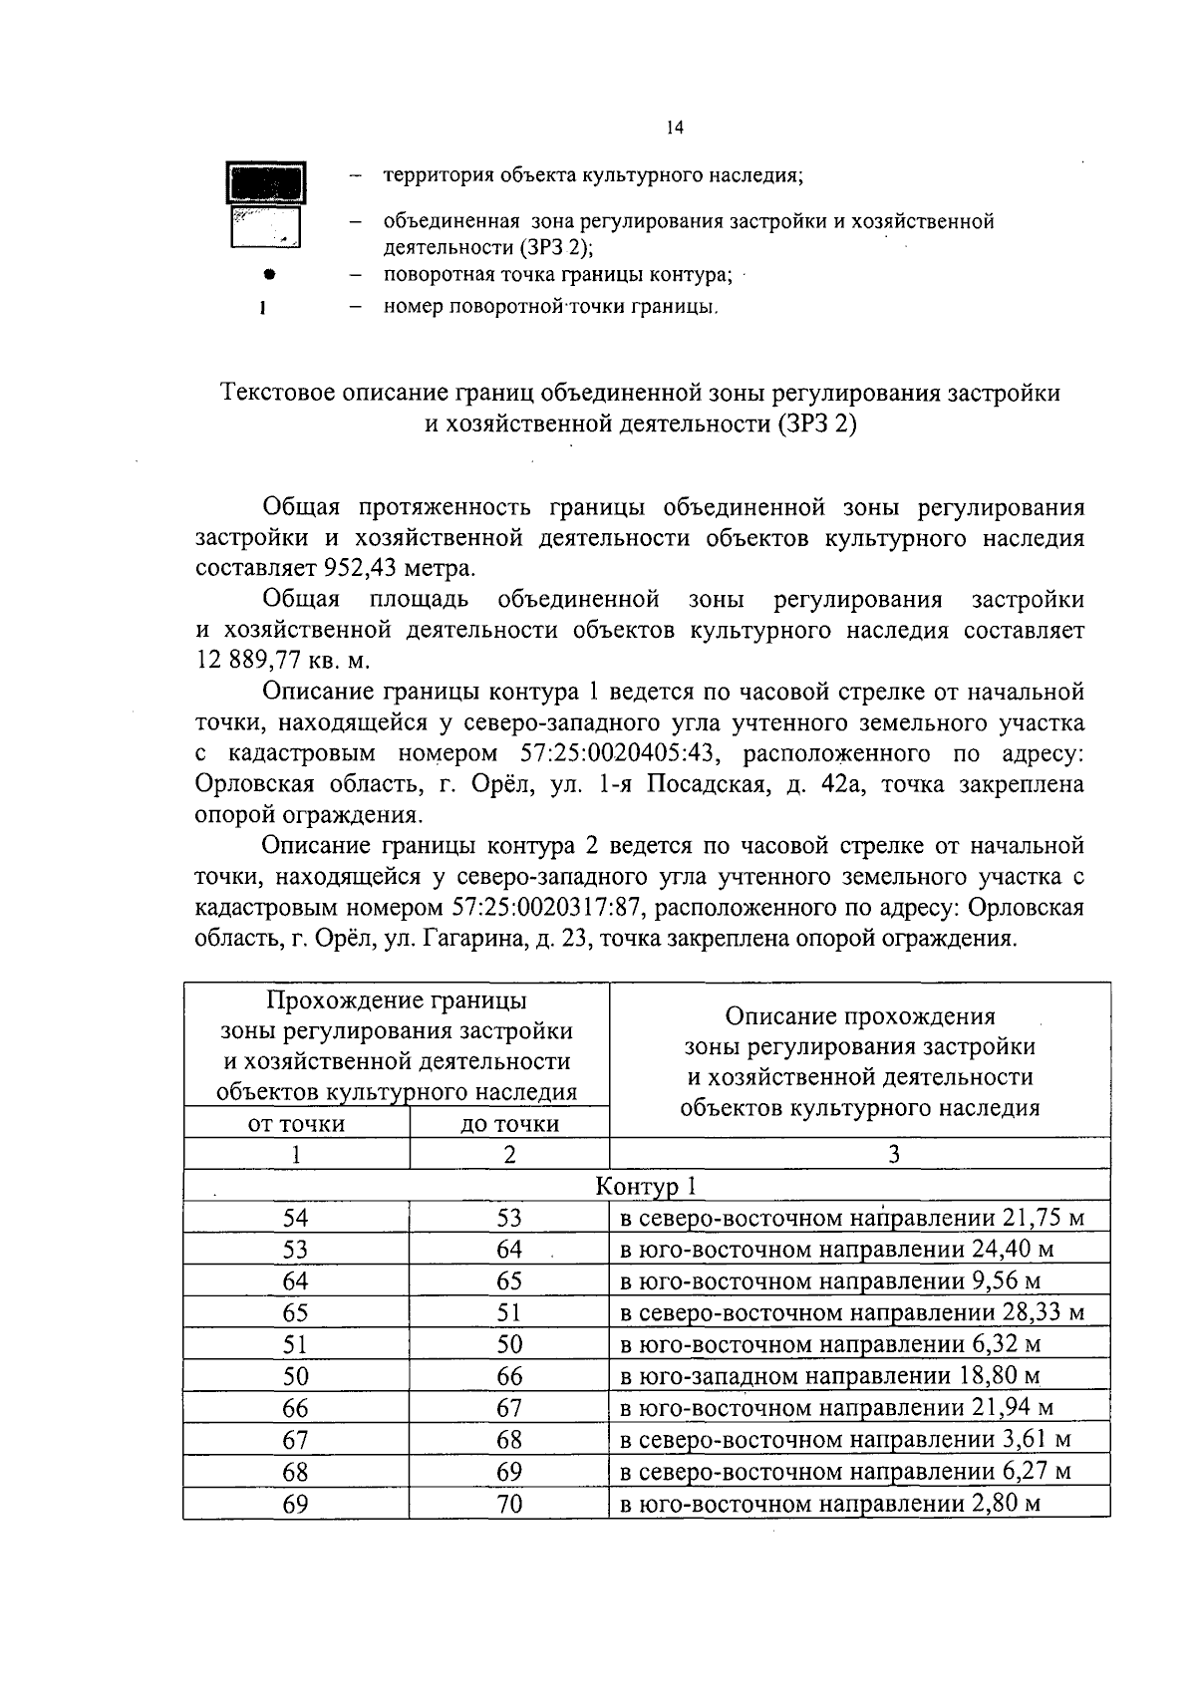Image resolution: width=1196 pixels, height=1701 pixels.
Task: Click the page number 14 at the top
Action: tap(675, 129)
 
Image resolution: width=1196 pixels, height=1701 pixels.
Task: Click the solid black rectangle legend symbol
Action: tap(265, 182)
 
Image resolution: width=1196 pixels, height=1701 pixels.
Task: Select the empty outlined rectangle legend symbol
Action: tap(265, 227)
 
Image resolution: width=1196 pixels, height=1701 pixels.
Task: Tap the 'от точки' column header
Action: tap(296, 1124)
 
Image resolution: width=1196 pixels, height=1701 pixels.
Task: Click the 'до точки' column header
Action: tap(509, 1124)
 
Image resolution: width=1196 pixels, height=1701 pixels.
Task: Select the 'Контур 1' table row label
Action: tap(646, 1186)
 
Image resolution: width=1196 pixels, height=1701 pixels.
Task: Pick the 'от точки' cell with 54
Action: tap(296, 1218)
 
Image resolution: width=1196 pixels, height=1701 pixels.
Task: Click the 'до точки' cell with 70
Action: tap(509, 1504)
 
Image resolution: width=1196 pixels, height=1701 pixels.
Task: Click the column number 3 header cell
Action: tap(894, 1154)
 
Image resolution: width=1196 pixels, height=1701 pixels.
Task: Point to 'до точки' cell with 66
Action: tap(509, 1376)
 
